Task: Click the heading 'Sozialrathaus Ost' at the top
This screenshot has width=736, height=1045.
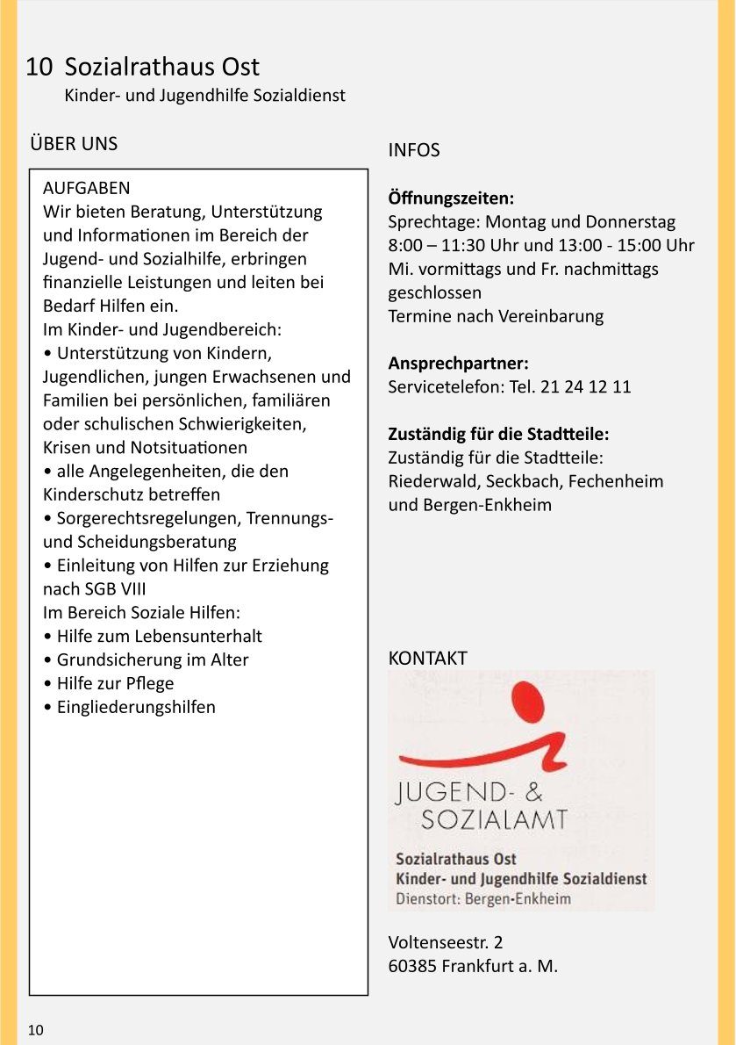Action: click(x=162, y=67)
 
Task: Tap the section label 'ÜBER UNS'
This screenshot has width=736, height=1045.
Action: click(x=74, y=143)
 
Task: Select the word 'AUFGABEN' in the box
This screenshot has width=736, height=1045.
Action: click(x=86, y=188)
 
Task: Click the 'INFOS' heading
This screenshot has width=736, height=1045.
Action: click(x=414, y=150)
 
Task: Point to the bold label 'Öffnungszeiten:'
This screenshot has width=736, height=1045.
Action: click(x=451, y=198)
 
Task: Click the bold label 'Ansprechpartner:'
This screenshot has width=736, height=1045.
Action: click(x=458, y=363)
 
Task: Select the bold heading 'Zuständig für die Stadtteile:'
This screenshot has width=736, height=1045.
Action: click(x=498, y=434)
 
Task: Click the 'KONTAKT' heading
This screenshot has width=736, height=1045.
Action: click(x=428, y=658)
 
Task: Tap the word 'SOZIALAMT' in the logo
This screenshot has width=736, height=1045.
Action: click(x=494, y=819)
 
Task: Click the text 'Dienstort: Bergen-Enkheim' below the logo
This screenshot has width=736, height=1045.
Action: click(x=483, y=898)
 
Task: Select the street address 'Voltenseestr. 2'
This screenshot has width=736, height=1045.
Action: click(x=446, y=943)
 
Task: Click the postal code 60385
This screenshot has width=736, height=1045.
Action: click(x=412, y=967)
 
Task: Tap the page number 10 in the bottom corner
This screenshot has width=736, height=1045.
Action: click(x=35, y=1030)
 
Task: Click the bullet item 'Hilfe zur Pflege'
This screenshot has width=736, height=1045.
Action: click(x=115, y=683)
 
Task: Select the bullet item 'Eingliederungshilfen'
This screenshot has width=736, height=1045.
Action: click(x=136, y=707)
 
